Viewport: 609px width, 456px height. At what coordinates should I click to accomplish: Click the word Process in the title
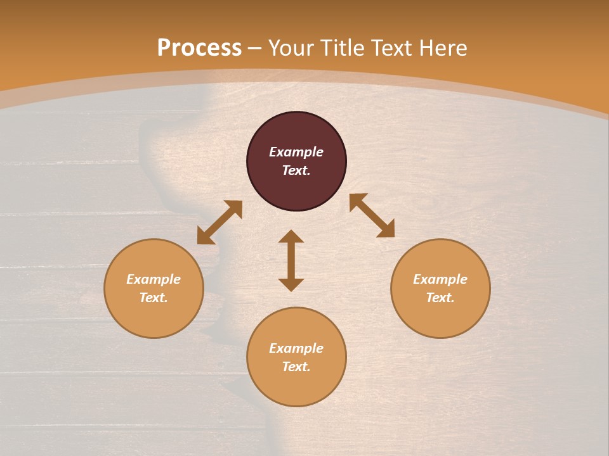[x=199, y=48]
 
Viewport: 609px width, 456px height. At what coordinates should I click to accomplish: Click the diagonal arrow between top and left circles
[x=219, y=222]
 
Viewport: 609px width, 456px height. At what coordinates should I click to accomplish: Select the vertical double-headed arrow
[x=291, y=260]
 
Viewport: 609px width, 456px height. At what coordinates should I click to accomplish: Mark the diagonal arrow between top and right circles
[x=372, y=215]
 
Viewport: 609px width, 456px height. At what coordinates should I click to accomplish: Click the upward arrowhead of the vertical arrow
[x=291, y=236]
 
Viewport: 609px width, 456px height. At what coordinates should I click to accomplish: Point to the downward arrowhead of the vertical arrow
[x=291, y=284]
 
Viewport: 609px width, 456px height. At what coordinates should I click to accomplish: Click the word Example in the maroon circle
[x=296, y=152]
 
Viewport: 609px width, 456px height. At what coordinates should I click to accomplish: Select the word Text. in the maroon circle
[x=296, y=170]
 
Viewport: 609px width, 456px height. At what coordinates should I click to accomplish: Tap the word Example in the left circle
[x=154, y=279]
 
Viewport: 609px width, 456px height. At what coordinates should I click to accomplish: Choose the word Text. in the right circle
[x=440, y=298]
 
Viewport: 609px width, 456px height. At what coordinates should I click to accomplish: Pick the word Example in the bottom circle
[x=296, y=348]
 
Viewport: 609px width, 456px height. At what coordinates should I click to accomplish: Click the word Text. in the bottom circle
[x=296, y=367]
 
